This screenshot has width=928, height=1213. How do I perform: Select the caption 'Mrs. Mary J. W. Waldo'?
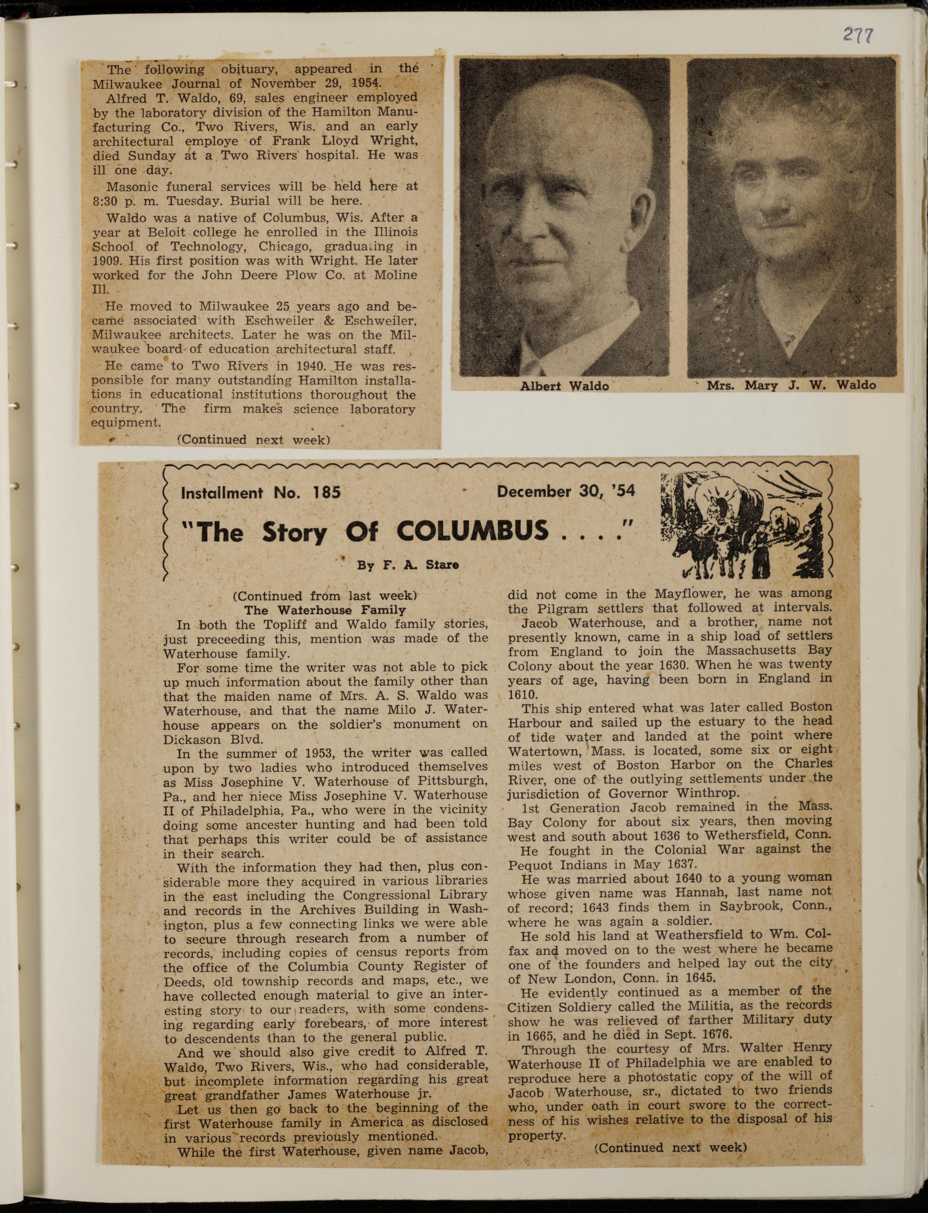tap(791, 385)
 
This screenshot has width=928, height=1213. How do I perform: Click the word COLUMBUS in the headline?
tap(472, 531)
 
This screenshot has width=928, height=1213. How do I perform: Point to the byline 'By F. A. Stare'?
tap(408, 565)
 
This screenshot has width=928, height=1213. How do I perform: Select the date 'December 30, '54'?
tap(566, 491)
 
